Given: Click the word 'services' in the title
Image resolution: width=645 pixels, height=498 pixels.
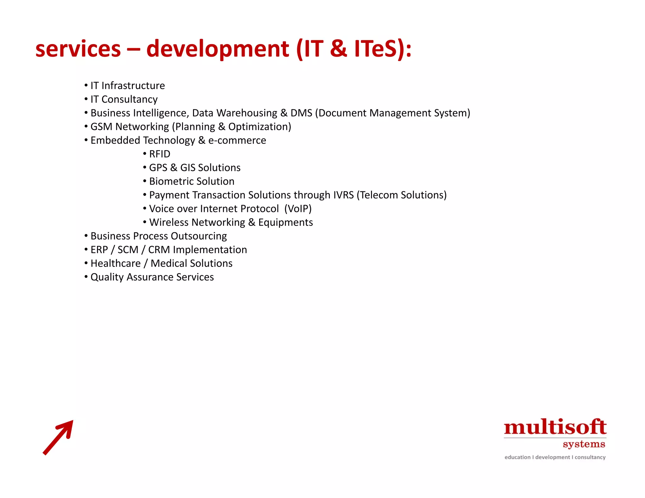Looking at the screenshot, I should pyautogui.click(x=78, y=49).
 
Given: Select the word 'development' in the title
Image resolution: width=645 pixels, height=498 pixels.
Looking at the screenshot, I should pyautogui.click(x=217, y=49).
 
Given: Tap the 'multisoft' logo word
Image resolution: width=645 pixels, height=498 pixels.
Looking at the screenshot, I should pyautogui.click(x=555, y=427).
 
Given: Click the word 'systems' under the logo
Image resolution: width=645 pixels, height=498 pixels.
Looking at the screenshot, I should pyautogui.click(x=584, y=444).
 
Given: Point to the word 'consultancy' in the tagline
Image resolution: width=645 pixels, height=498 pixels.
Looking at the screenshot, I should pyautogui.click(x=590, y=457).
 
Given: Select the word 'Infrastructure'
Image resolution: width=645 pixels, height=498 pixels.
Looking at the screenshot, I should pyautogui.click(x=133, y=86).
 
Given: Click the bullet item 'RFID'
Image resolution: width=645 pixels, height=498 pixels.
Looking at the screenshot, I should pyautogui.click(x=160, y=154).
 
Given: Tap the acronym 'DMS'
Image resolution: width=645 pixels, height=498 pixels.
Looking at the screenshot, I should pyautogui.click(x=301, y=113).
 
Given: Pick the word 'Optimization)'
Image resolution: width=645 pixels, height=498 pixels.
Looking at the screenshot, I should pyautogui.click(x=260, y=127).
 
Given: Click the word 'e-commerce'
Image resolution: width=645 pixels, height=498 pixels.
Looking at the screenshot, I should pyautogui.click(x=237, y=140).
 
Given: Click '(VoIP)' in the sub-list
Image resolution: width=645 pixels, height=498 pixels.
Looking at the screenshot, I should pyautogui.click(x=298, y=209).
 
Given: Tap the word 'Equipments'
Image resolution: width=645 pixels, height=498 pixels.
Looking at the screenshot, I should pyautogui.click(x=285, y=223).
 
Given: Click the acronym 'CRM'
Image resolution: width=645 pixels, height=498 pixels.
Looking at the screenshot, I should pyautogui.click(x=159, y=250).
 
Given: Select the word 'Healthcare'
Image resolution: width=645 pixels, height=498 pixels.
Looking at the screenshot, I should pyautogui.click(x=116, y=263).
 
